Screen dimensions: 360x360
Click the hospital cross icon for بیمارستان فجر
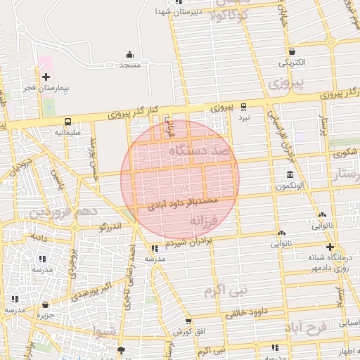[x=46, y=77]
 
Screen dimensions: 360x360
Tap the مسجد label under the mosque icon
[x=129, y=65]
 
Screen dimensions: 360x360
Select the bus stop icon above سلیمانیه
[x=67, y=122]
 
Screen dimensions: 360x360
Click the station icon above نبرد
[x=243, y=107]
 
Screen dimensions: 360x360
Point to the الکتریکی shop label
[x=292, y=63]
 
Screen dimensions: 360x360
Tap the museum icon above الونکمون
[x=290, y=174]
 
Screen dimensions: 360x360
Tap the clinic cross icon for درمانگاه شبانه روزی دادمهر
[x=330, y=247]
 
